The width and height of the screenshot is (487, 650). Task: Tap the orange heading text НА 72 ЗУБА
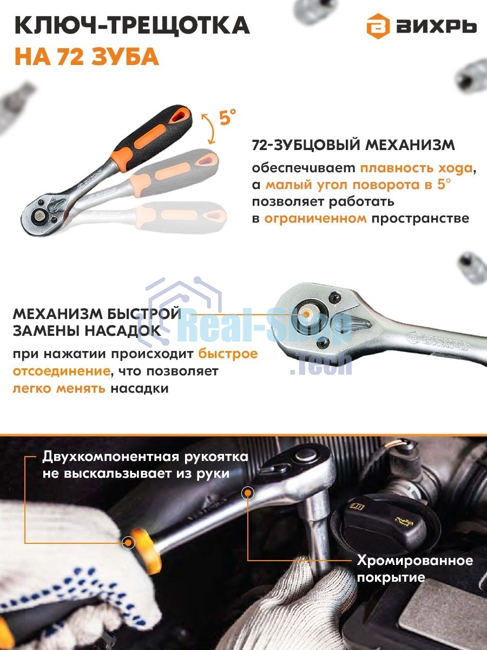pos(87,56)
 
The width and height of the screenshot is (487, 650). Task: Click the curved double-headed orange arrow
pos(207,127)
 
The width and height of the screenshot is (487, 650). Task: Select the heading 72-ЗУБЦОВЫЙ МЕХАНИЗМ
pos(353,146)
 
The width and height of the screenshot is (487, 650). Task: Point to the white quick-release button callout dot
pos(307,313)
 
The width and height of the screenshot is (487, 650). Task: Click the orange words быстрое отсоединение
pos(228,354)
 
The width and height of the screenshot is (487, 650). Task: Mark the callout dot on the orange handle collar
pos(129,542)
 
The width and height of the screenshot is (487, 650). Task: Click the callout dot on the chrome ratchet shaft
pos(248,493)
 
